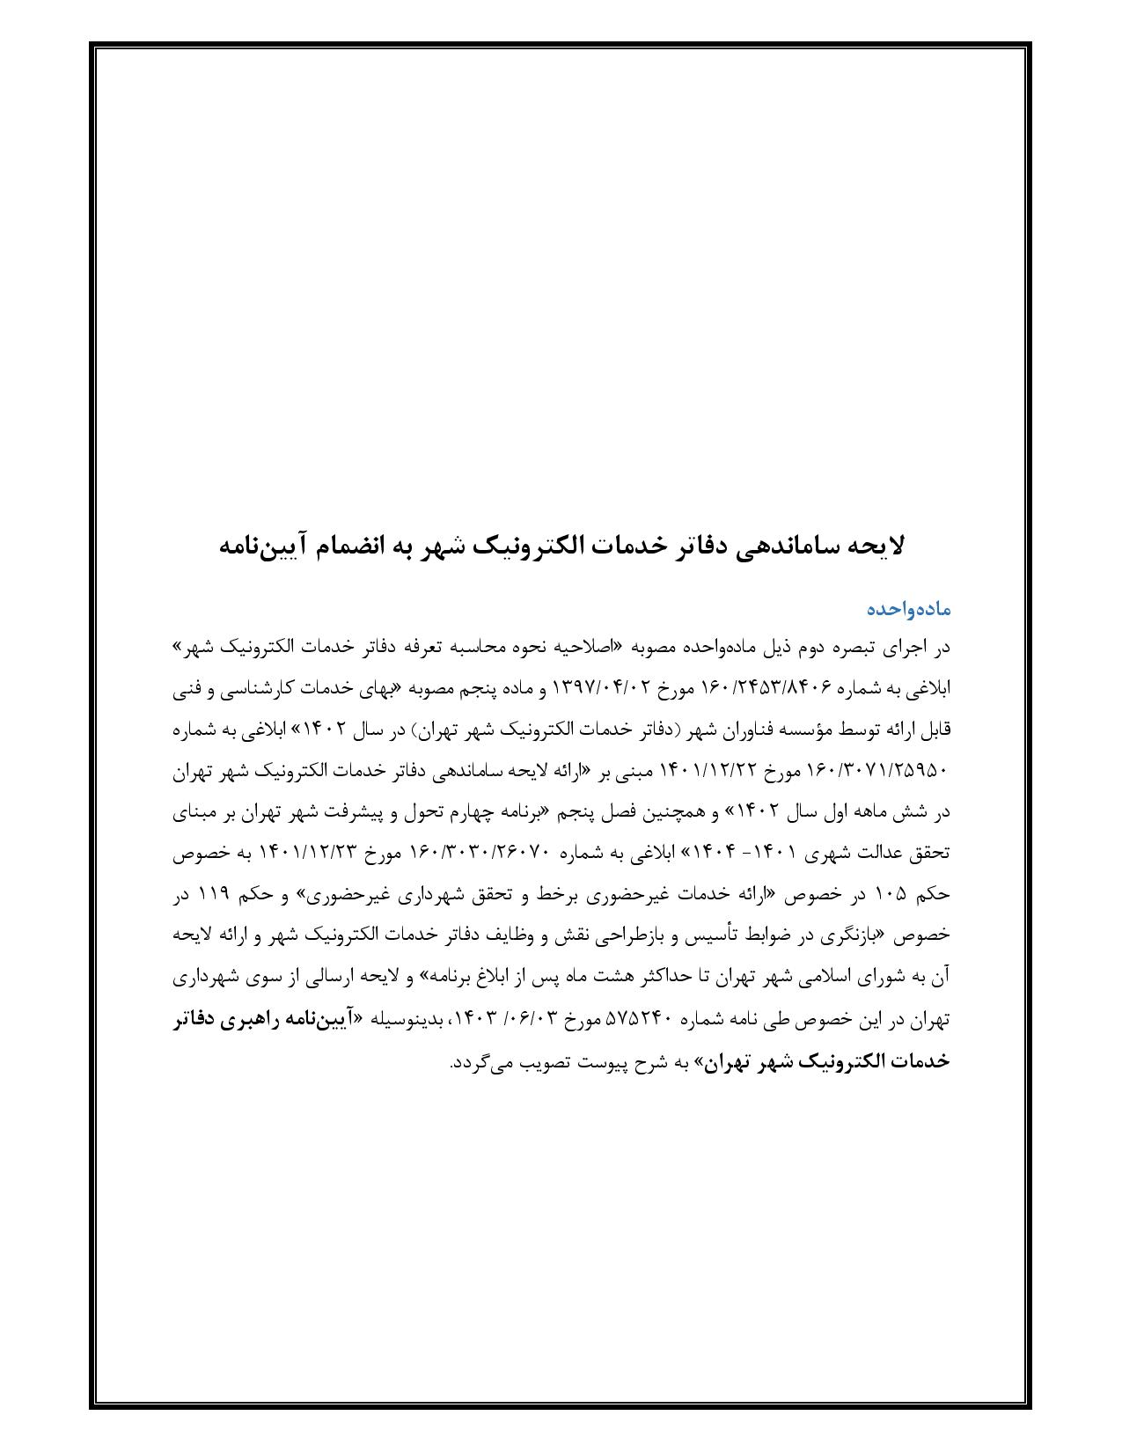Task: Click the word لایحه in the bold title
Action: (x=876, y=546)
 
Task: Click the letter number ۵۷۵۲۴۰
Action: (x=641, y=1020)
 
